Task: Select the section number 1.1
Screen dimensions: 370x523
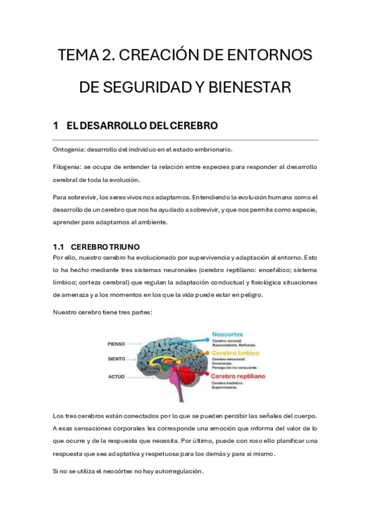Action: click(x=61, y=246)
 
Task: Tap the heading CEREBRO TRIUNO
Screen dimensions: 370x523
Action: click(x=109, y=246)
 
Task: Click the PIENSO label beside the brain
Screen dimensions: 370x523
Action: click(x=116, y=344)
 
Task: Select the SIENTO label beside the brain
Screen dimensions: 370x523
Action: click(x=116, y=358)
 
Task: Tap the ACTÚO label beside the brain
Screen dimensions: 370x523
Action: click(x=116, y=376)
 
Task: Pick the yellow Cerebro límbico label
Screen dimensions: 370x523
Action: click(x=235, y=353)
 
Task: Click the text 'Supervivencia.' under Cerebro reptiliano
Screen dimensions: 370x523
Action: click(x=225, y=387)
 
